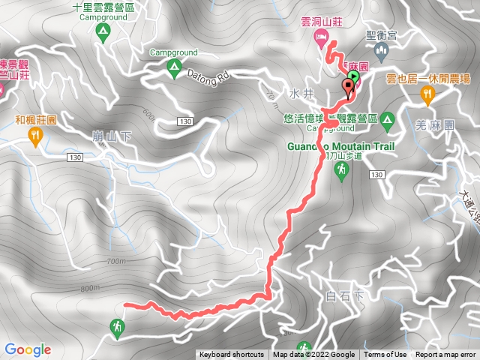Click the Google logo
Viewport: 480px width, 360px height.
pos(28,349)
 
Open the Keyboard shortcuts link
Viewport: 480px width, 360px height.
pos(231,355)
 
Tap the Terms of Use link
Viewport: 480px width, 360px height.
pos(385,355)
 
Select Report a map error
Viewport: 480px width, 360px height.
pos(446,355)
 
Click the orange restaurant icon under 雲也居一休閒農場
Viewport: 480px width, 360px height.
pos(427,93)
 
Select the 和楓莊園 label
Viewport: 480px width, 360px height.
pos(35,118)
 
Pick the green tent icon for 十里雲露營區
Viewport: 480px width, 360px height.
pos(103,31)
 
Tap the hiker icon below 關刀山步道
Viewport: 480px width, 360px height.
pos(342,172)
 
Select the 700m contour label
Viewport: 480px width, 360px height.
pos(118,262)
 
